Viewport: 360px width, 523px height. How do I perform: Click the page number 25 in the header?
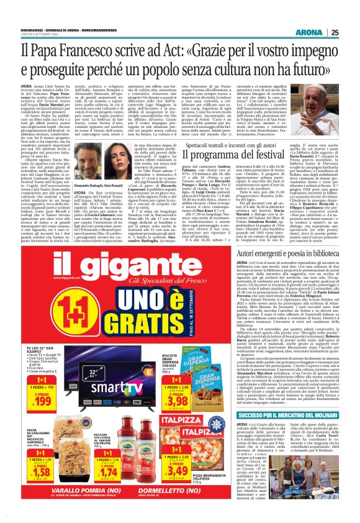pyautogui.click(x=351, y=14)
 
